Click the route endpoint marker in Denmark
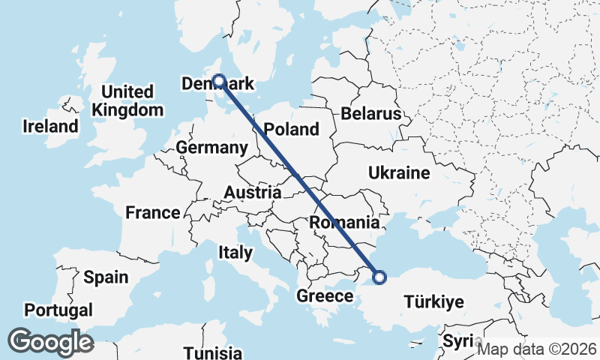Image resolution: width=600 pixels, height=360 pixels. click(x=219, y=80)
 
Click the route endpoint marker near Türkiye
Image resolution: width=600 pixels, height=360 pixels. click(x=379, y=277)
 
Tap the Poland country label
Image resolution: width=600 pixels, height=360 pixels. click(x=291, y=129)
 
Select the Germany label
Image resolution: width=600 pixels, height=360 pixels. click(x=212, y=148)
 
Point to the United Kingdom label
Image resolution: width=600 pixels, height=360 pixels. click(x=127, y=100)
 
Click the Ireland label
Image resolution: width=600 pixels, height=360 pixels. click(x=50, y=126)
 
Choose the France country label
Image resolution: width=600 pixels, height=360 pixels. click(x=153, y=213)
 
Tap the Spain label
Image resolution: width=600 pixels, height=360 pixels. click(x=106, y=277)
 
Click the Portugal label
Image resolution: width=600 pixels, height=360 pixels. click(x=58, y=310)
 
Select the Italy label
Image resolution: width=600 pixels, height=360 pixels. click(x=235, y=253)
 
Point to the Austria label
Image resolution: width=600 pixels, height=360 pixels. click(x=252, y=193)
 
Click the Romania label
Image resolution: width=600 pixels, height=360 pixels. click(x=344, y=223)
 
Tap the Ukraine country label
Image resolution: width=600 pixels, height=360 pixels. click(x=399, y=173)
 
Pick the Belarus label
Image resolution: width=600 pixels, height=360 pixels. click(x=371, y=115)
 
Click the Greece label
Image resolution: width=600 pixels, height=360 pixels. click(x=325, y=296)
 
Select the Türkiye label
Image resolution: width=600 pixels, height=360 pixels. click(x=434, y=302)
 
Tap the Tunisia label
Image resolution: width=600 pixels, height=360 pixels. click(x=213, y=352)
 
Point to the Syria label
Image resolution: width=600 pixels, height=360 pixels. click(x=459, y=341)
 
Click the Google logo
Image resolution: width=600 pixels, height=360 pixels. click(x=50, y=342)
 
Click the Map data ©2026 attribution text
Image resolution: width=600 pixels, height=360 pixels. click(x=537, y=349)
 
